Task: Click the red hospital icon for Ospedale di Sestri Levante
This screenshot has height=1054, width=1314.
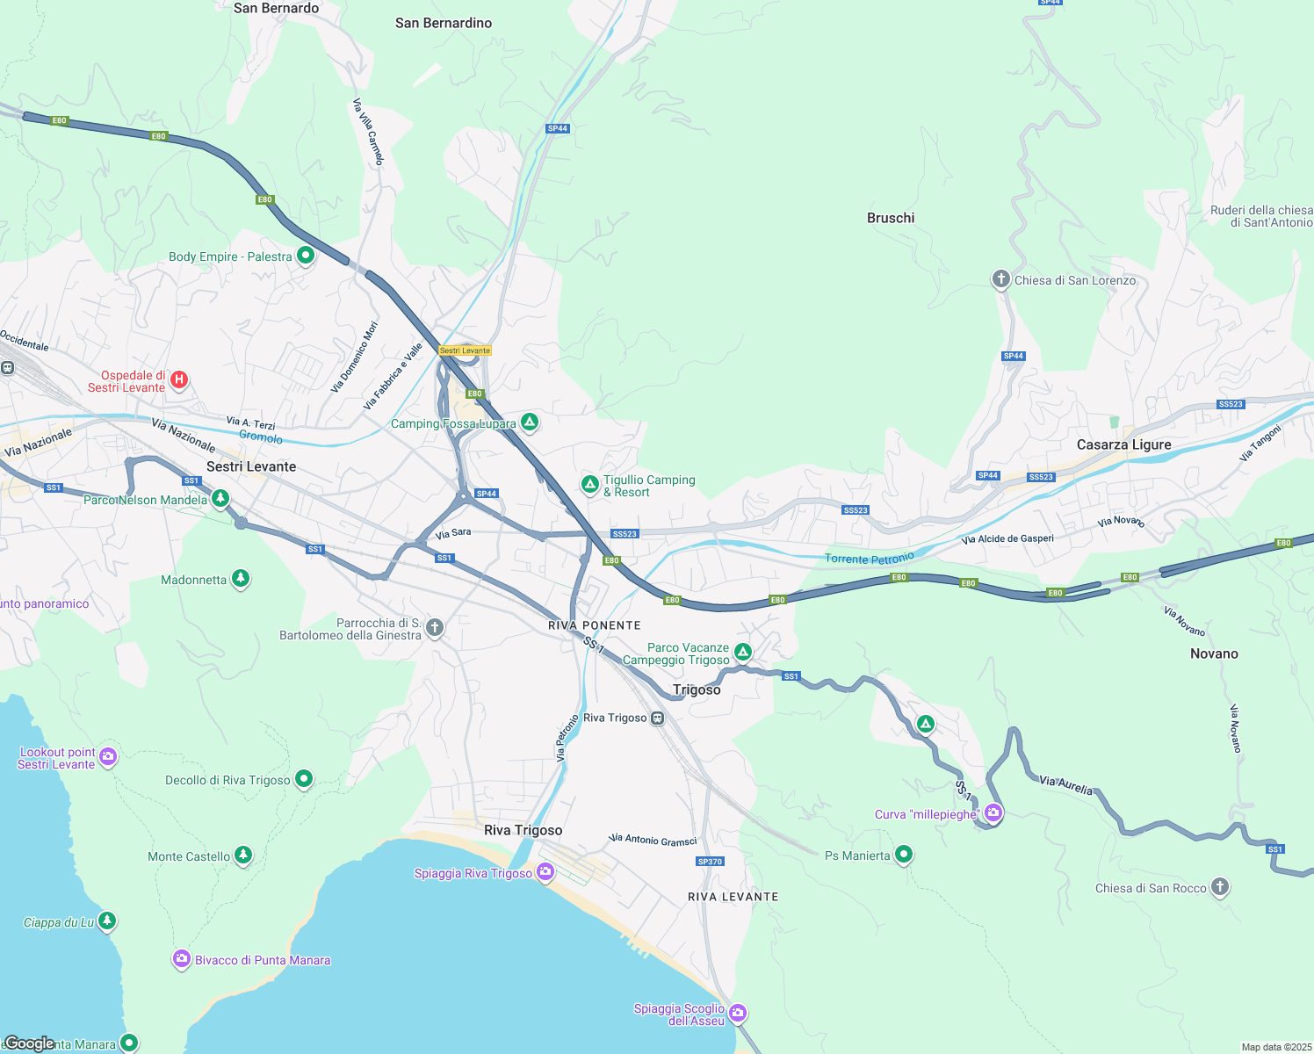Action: coord(179,379)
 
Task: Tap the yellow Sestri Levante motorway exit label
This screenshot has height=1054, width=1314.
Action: coord(465,350)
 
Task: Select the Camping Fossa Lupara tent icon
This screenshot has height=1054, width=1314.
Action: coord(530,422)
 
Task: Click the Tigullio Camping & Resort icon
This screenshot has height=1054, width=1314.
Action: coord(590,484)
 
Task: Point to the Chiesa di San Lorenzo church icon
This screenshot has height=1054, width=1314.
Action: coord(1000,279)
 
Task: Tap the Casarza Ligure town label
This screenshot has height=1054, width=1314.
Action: coord(1123,444)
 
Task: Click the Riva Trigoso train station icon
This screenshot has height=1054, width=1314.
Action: coord(657,718)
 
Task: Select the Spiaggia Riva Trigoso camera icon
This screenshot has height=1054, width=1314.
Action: coord(545,872)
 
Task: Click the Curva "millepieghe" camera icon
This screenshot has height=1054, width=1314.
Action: coord(993,813)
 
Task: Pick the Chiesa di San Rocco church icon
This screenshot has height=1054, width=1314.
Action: coord(1220,887)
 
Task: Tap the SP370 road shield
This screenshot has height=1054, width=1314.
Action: coord(710,862)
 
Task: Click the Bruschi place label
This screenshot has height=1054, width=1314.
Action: coord(891,218)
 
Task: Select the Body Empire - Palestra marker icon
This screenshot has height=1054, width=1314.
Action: coord(306,256)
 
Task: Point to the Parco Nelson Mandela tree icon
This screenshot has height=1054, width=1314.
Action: coord(220,499)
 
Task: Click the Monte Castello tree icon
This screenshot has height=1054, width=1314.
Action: coord(243,855)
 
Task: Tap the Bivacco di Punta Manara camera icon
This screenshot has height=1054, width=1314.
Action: coord(182,959)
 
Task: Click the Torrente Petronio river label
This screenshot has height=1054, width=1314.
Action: coord(869,558)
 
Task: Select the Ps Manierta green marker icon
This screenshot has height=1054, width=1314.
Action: coord(904,855)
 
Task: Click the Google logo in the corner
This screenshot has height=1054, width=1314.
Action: coord(30,1043)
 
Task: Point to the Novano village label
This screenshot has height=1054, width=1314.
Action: coord(1214,653)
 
